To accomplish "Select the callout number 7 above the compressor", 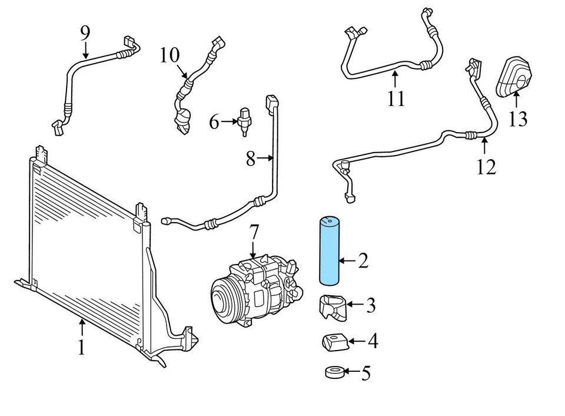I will point(253,233).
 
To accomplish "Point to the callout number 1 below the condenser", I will point(82,347).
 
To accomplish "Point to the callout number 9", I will point(85,32).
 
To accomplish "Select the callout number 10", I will point(169,55).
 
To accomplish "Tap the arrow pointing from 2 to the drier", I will point(349,260).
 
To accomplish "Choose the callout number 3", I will point(370,305).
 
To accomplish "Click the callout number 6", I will point(214,122).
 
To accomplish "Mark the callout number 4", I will point(372,341).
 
